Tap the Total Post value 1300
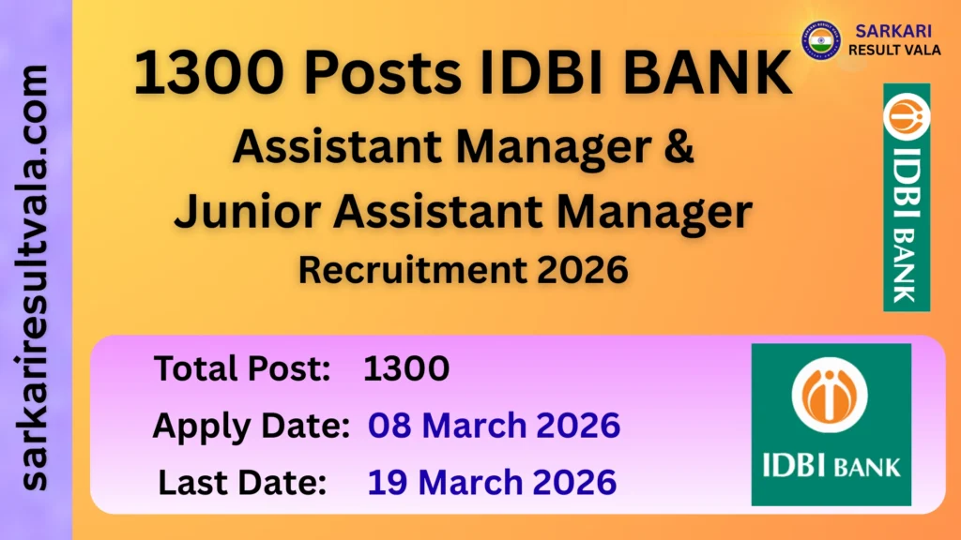pos(406,369)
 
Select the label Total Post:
pos(242,369)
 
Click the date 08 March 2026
pos(494,426)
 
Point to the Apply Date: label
pos(251,426)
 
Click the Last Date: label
pos(242,482)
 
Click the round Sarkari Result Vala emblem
pos(820,39)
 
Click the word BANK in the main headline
pos(707,74)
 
